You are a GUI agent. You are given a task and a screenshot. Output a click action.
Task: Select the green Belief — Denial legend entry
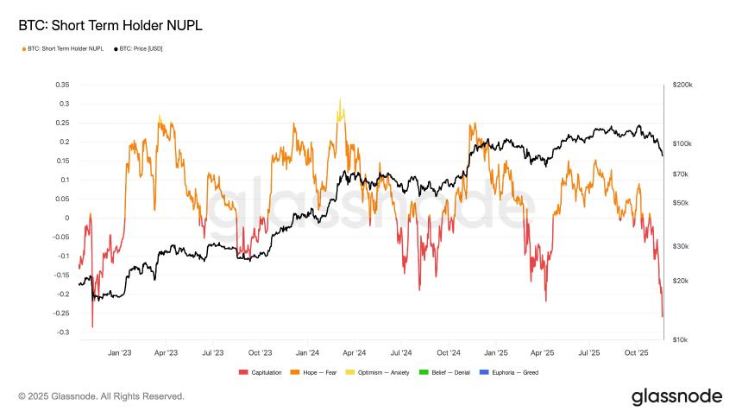pyautogui.click(x=447, y=372)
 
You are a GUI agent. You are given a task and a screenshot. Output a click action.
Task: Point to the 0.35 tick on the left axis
pyautogui.click(x=61, y=85)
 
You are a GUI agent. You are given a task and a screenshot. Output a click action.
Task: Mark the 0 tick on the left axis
pyautogui.click(x=66, y=218)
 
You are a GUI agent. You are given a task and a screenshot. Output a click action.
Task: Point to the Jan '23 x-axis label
pyautogui.click(x=119, y=352)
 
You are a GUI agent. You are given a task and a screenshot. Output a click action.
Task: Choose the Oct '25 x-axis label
pyautogui.click(x=636, y=352)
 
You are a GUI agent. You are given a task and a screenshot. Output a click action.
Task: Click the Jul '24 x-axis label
pyautogui.click(x=400, y=352)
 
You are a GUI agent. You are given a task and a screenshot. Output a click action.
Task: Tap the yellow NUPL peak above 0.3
pyautogui.click(x=340, y=101)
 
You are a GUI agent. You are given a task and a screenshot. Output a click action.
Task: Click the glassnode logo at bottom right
pyautogui.click(x=676, y=396)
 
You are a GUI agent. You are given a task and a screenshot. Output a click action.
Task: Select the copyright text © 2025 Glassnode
pyautogui.click(x=101, y=396)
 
